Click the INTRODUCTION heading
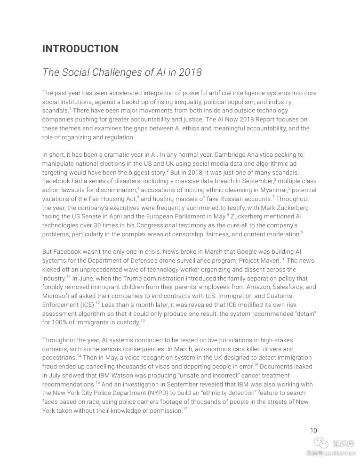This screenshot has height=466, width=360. click(80, 49)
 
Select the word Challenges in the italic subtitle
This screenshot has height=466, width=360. click(112, 72)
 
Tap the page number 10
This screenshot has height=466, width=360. click(313, 430)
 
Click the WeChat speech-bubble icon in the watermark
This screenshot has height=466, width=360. click(321, 443)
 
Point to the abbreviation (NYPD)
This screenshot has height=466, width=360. click(164, 393)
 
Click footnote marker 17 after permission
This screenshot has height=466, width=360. click(185, 409)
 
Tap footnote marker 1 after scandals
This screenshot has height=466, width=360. click(70, 109)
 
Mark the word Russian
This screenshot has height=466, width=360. click(226, 199)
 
